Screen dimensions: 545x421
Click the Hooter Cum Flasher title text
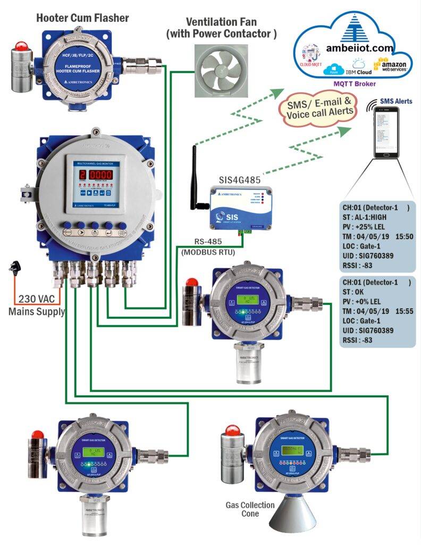coord(82,18)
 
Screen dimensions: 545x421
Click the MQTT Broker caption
coord(354,84)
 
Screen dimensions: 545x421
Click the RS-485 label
coord(203,244)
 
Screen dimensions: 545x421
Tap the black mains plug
coord(14,268)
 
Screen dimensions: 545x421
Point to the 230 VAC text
coord(35,299)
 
